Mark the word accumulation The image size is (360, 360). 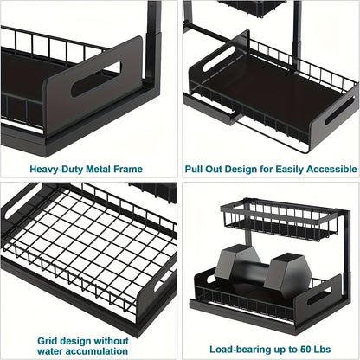coord(105,343)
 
